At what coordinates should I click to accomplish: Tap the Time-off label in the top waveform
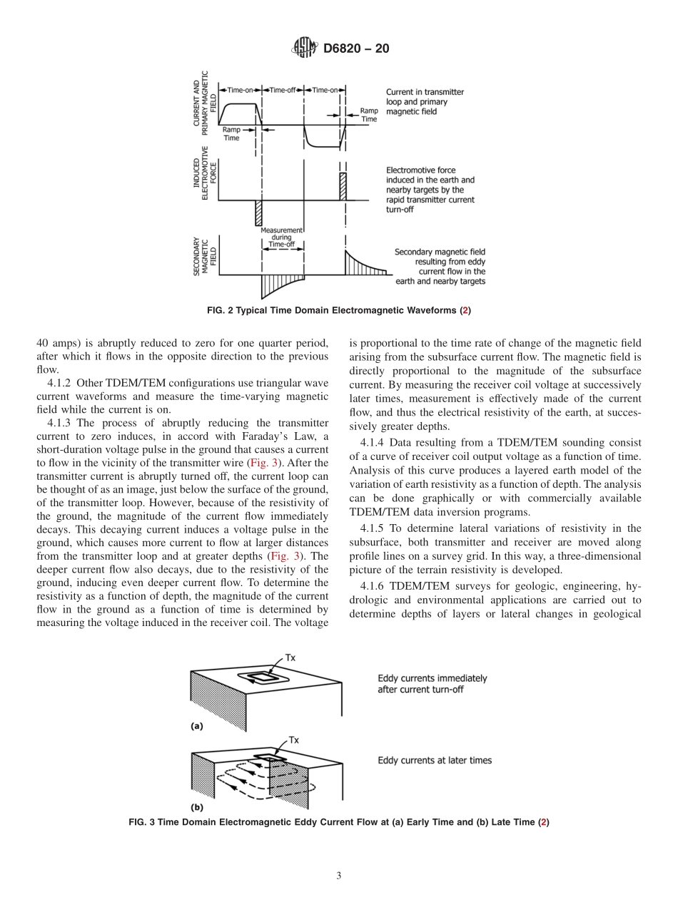[x=283, y=91]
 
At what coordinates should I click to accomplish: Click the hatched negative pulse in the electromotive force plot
[x=259, y=213]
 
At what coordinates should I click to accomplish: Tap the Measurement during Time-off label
[x=282, y=237]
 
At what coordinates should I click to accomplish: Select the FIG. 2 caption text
[x=338, y=310]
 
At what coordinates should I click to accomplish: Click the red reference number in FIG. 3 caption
[x=544, y=822]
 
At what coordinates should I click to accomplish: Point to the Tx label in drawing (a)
[x=290, y=657]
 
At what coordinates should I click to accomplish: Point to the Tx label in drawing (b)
[x=293, y=741]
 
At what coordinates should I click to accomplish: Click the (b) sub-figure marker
[x=196, y=808]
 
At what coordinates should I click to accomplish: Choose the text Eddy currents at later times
[x=434, y=760]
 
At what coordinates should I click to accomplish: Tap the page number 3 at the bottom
[x=338, y=876]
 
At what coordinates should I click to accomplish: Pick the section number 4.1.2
[x=59, y=383]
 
